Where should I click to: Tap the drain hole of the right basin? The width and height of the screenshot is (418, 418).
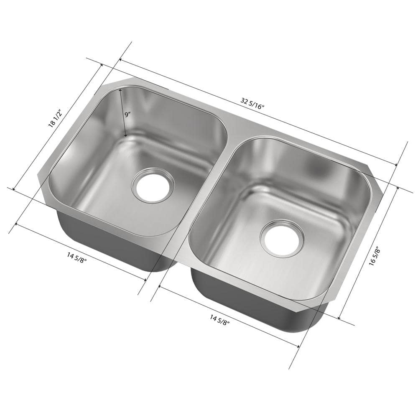[x=281, y=238]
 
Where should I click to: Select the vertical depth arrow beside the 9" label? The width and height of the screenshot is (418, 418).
[x=123, y=113]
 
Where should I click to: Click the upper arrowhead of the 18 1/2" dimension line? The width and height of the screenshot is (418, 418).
[x=101, y=66]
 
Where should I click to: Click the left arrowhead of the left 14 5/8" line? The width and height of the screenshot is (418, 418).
[x=17, y=224]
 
